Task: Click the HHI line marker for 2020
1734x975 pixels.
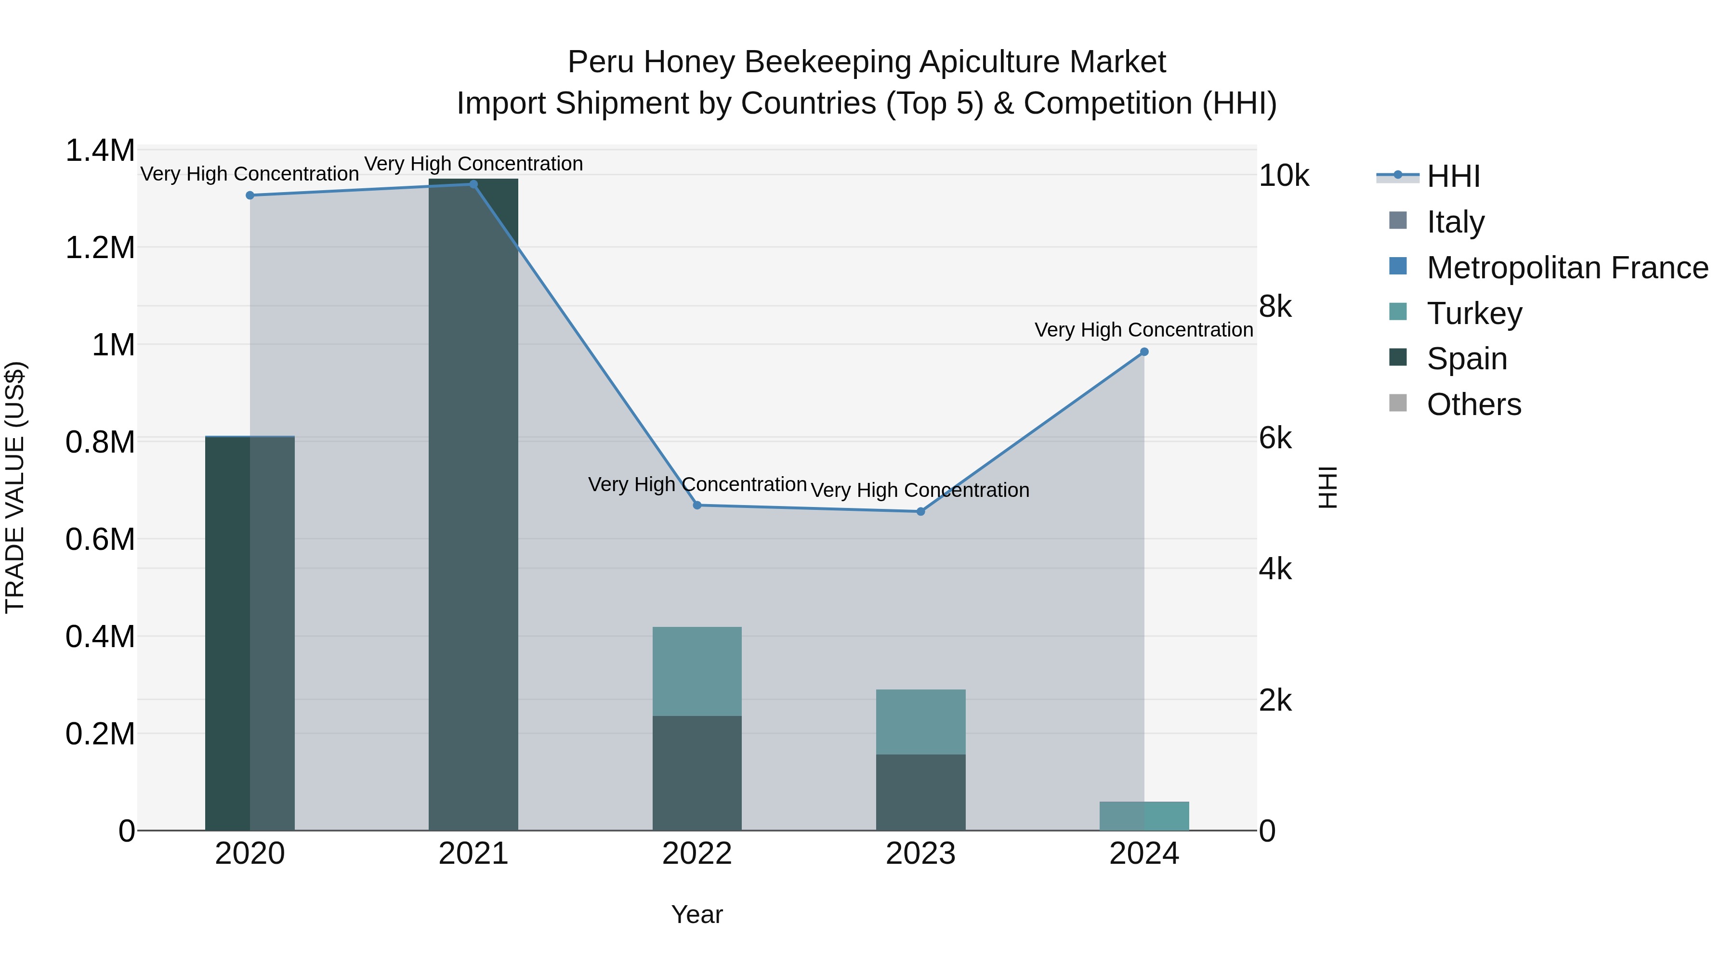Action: tap(250, 195)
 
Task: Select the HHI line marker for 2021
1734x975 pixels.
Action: tap(473, 184)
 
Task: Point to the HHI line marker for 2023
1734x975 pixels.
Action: tap(921, 511)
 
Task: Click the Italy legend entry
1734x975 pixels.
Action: tap(1455, 222)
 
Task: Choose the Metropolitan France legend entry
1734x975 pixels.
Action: tap(1567, 268)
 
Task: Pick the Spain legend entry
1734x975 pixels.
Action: tap(1467, 359)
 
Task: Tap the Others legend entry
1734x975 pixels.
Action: tap(1473, 404)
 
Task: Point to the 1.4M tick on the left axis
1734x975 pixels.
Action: tap(100, 150)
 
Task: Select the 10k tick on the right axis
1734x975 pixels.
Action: tap(1284, 176)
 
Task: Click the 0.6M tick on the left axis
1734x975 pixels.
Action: tap(100, 540)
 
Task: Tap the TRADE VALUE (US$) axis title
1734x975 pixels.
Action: tap(15, 487)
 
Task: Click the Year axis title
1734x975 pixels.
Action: tap(696, 914)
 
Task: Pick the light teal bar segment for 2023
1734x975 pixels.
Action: tap(921, 721)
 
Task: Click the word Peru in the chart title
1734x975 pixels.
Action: tap(601, 63)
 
